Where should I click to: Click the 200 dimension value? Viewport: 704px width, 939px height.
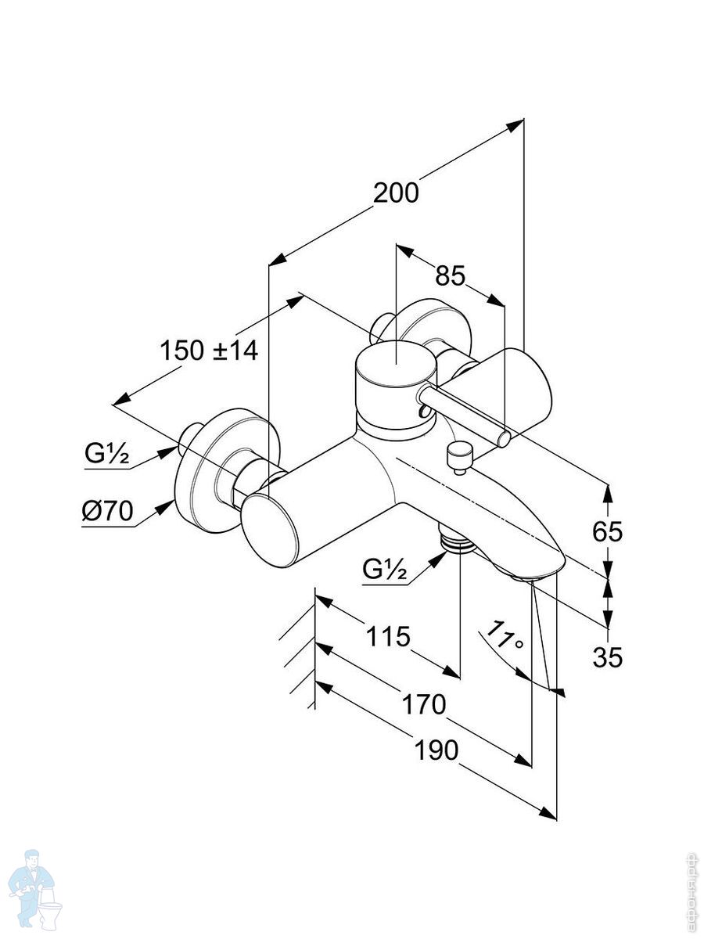(x=396, y=192)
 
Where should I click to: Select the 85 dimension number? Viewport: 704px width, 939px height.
(x=451, y=275)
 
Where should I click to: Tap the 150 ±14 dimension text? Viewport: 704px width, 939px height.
(x=209, y=350)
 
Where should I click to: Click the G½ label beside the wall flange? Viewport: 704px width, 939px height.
(x=107, y=455)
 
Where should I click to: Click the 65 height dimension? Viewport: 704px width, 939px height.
(x=607, y=531)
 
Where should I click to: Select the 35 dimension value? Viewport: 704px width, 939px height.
(x=607, y=657)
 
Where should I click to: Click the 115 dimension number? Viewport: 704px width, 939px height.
(x=388, y=637)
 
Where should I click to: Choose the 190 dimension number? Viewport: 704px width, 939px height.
(x=436, y=750)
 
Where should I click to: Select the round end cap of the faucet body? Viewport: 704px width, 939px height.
(x=269, y=528)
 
